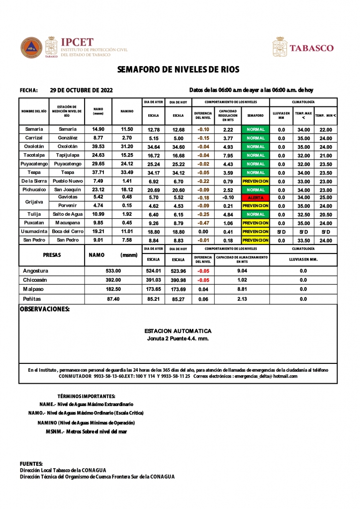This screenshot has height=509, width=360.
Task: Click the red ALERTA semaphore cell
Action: [256, 197]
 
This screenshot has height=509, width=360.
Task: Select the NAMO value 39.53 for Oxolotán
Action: [98, 147]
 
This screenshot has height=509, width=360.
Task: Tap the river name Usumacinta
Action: [34, 232]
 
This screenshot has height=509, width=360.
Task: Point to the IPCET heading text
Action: [77, 43]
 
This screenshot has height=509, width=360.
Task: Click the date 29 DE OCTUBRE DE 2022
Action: [82, 90]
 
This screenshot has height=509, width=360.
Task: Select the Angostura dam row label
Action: [36, 271]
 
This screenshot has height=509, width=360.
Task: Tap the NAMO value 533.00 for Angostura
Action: [113, 271]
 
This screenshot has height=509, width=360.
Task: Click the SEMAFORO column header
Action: [256, 115]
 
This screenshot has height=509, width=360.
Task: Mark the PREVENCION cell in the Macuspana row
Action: [256, 223]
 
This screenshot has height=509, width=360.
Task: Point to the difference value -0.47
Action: [203, 223]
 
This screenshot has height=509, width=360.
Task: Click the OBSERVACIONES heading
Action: [44, 309]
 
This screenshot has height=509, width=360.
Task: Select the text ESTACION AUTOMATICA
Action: [178, 331]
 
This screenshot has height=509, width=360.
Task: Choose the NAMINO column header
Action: [127, 111]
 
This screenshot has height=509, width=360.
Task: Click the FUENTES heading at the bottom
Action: [31, 463]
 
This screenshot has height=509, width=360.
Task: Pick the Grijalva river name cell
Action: [34, 202]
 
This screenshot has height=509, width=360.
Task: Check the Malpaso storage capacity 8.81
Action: [242, 289]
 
